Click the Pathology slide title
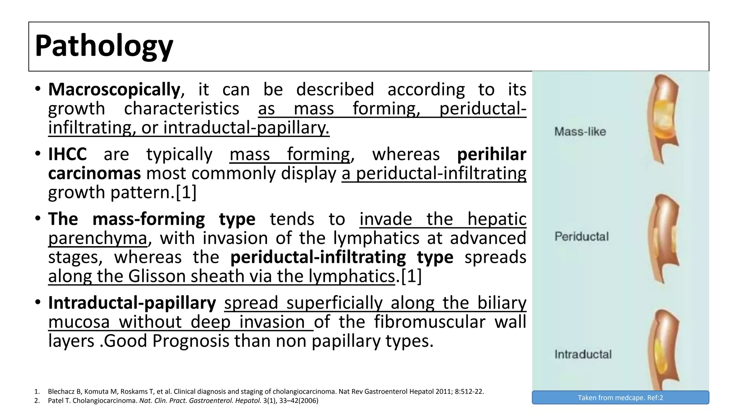pos(104,46)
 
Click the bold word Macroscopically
pos(114,89)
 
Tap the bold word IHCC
pos(68,154)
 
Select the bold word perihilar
pos(491,154)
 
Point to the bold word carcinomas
pos(94,173)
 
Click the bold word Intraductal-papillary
pos(132,303)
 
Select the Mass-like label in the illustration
pos(580,132)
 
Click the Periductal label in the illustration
pos(582,236)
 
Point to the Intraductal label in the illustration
pos(583,354)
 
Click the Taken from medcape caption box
pos(620,398)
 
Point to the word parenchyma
pos(98,238)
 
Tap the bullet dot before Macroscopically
pos(38,89)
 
